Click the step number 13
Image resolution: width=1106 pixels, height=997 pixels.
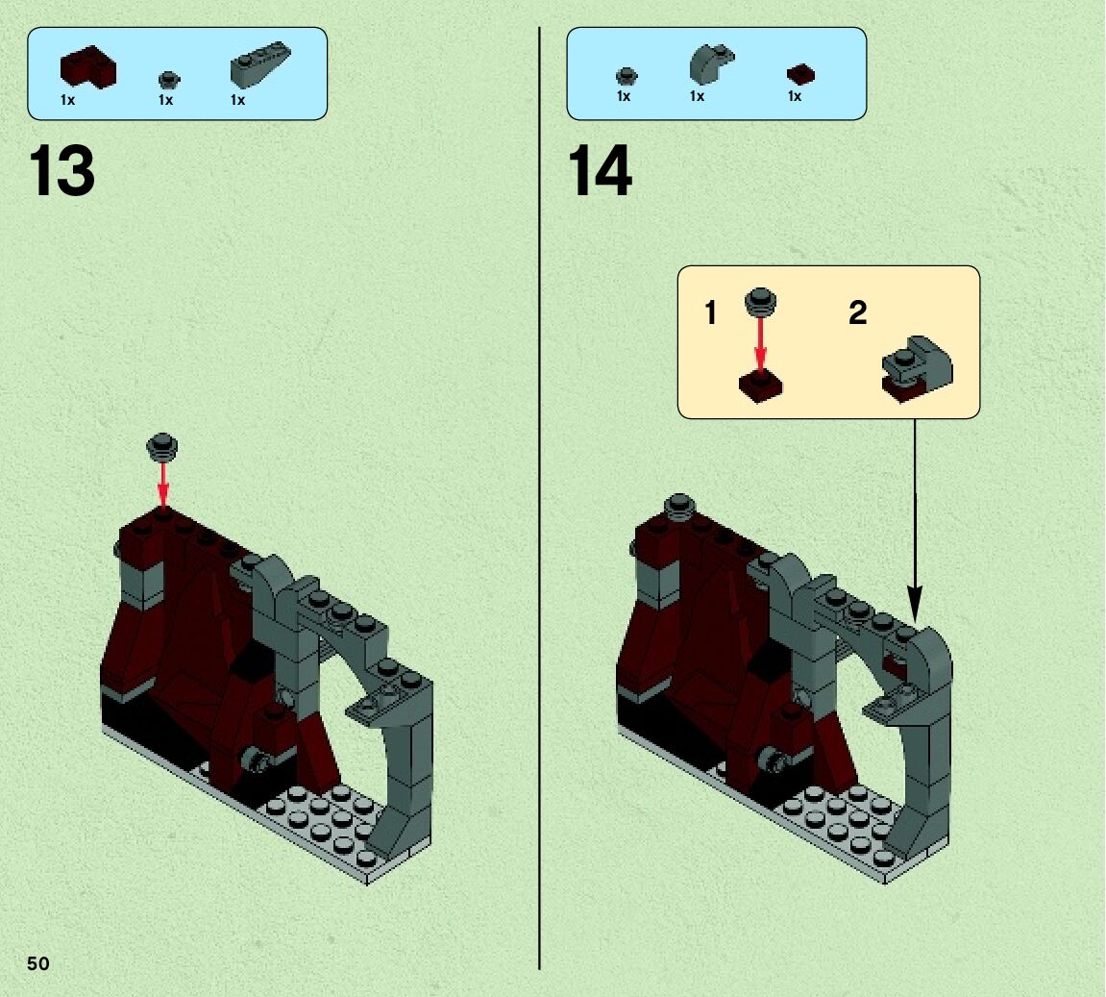61,171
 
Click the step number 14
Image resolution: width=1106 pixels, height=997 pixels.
601,171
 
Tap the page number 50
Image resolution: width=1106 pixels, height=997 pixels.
38,964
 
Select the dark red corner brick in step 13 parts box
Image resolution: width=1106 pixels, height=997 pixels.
88,67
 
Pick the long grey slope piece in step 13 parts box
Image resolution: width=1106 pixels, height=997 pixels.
260,63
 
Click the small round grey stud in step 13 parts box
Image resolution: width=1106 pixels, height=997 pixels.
169,79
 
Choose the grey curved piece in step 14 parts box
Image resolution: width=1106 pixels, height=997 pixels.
712,62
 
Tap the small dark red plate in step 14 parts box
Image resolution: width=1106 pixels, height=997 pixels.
800,75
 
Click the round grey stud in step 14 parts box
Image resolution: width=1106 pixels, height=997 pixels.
627,76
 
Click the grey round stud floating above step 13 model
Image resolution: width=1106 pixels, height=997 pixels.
162,447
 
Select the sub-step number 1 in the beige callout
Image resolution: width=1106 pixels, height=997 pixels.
711,312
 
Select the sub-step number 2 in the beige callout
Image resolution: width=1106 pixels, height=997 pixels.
858,312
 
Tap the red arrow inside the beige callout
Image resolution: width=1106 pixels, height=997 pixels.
760,343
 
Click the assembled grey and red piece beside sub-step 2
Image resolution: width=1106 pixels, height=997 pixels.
917,369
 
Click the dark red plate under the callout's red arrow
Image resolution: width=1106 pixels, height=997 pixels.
761,386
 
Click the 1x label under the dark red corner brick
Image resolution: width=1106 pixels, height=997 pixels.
67,100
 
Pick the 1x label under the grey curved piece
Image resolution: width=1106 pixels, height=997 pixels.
697,96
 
